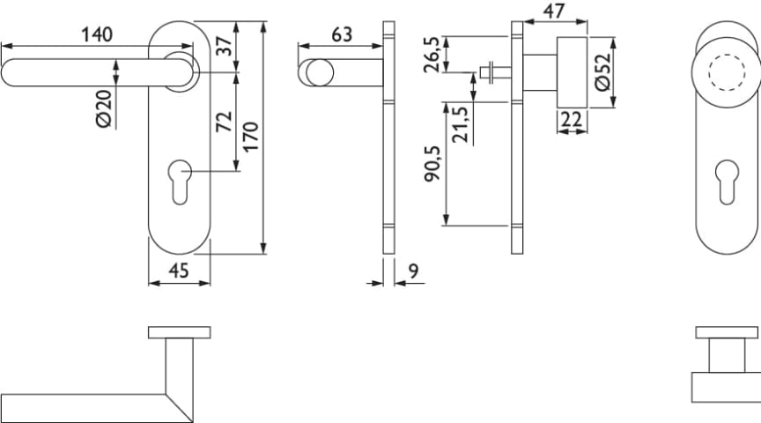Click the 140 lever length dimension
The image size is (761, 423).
[97, 35]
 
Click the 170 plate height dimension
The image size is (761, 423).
[251, 139]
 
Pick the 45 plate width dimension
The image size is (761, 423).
[179, 271]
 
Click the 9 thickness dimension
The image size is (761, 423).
[412, 272]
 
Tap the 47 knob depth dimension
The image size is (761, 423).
[553, 11]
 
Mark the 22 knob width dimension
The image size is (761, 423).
[571, 120]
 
